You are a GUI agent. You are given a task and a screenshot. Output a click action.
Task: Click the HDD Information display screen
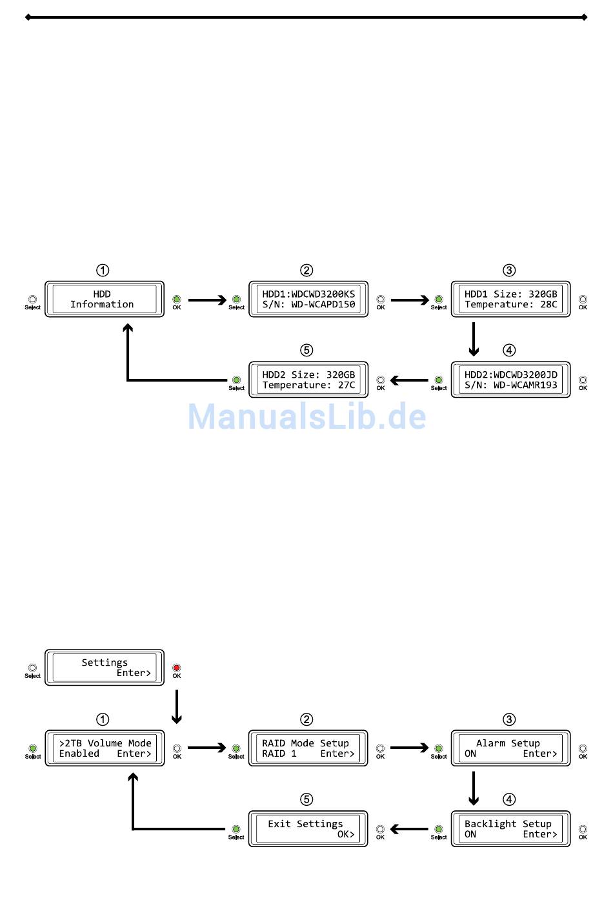coord(104,299)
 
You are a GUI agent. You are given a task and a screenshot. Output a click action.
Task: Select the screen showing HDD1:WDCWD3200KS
coord(308,299)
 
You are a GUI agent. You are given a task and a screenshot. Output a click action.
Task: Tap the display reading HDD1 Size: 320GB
coord(510,299)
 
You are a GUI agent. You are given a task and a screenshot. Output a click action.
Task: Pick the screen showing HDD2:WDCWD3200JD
coord(510,380)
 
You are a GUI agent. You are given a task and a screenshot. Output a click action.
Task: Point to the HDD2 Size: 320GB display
coord(308,380)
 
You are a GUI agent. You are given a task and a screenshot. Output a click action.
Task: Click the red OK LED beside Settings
coord(177,668)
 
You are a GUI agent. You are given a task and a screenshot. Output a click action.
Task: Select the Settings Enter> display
coord(104,668)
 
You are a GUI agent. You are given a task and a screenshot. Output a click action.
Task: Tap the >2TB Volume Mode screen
coord(104,748)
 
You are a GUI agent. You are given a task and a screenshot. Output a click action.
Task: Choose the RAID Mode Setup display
coord(308,748)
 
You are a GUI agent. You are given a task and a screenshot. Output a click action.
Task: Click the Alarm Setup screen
coord(510,748)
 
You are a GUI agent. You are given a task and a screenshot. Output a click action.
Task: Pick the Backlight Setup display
coord(510,829)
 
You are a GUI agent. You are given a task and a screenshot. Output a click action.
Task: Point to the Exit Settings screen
coord(308,829)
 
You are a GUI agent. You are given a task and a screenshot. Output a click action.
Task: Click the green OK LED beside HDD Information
coord(177,300)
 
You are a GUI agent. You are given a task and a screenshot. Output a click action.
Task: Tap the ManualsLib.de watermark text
coord(306,416)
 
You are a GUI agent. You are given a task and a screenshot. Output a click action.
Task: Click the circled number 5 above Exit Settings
coord(306,799)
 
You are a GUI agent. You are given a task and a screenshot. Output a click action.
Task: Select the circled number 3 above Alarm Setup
coord(509,719)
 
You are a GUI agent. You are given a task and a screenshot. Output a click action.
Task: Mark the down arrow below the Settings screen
coord(177,707)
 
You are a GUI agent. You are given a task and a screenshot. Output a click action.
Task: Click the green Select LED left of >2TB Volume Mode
coord(33,748)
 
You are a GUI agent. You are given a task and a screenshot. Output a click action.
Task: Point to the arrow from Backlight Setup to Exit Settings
coord(410,829)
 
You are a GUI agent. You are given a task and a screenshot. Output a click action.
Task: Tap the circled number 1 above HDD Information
coord(103,270)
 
